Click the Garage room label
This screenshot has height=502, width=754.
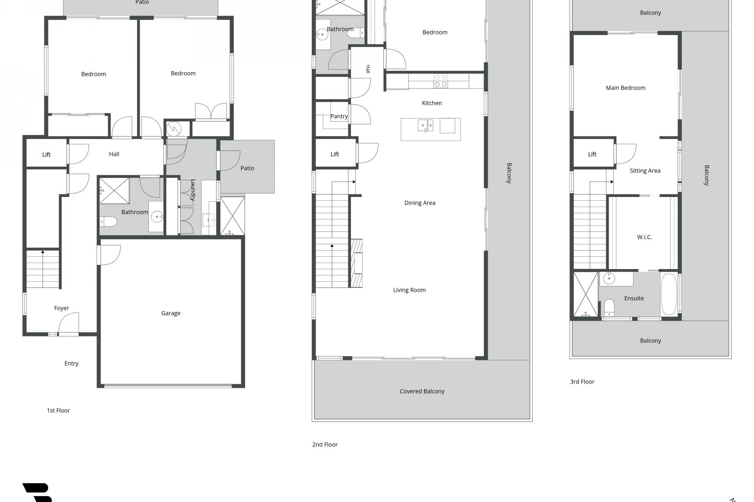point(171,313)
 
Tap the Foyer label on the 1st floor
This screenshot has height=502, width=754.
point(61,308)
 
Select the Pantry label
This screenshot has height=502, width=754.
point(339,116)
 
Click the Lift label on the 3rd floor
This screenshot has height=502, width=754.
point(592,154)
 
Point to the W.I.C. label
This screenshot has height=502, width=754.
point(644,237)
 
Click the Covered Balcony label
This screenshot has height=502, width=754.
point(422,391)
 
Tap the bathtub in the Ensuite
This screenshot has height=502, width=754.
point(669,294)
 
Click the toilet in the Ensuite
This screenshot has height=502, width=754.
point(609,307)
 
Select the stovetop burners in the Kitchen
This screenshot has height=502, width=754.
point(441,81)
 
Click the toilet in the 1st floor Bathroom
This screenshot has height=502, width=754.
point(108,222)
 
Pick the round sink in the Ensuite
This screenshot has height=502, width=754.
point(609,278)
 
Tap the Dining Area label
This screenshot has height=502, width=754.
point(420,203)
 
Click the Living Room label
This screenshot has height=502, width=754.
point(409,290)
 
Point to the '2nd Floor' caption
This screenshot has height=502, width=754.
point(325,444)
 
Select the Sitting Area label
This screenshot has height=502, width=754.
point(645,171)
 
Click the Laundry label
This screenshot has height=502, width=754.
point(193,190)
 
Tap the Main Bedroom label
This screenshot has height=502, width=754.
point(625,88)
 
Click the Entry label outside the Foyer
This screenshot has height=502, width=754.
point(71,364)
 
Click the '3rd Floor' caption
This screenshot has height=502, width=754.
point(582,382)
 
